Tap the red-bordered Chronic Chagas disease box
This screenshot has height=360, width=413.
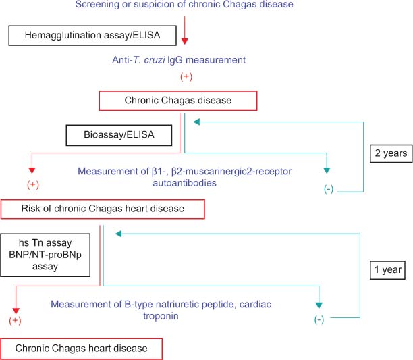(178, 101)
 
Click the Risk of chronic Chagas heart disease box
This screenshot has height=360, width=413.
(102, 209)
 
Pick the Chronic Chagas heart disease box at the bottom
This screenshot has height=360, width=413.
(82, 349)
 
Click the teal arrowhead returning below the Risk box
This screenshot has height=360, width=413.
(118, 233)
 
